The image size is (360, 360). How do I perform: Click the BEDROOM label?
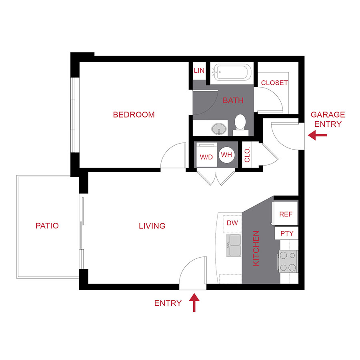(x=134, y=115)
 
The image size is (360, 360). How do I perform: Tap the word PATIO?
(x=47, y=226)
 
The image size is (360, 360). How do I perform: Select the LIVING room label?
(x=152, y=226)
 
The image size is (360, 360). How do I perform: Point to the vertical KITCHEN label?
(x=256, y=248)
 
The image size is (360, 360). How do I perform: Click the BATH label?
(x=233, y=100)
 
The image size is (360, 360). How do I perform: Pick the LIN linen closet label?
(x=199, y=71)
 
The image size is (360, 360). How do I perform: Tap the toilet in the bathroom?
(x=241, y=122)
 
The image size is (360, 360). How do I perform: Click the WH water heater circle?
(x=226, y=154)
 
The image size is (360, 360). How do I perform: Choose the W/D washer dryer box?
(x=206, y=157)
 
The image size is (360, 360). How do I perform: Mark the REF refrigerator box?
(x=286, y=214)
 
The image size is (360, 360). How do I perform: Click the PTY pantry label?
(x=287, y=234)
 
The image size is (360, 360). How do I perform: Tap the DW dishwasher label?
(x=232, y=223)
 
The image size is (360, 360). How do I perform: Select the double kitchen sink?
(x=234, y=245)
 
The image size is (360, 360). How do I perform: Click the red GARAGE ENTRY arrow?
(x=318, y=136)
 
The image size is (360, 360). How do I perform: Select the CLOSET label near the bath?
(x=274, y=83)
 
